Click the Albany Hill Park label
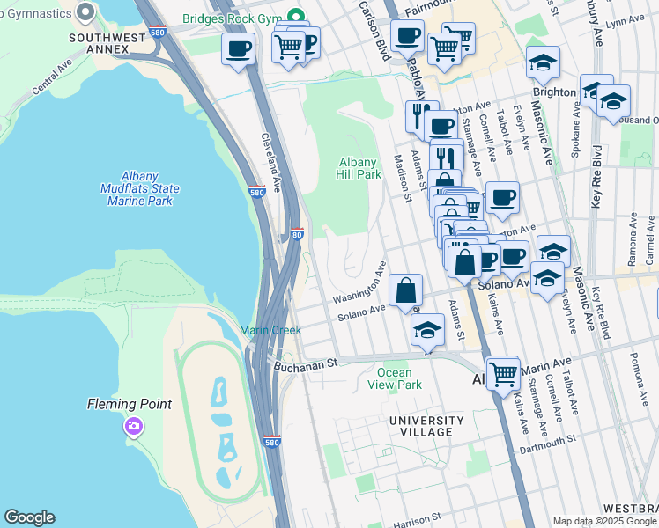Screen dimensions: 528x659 click(360, 168)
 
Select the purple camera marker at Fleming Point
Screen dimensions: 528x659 click(133, 427)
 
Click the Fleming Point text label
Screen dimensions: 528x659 click(129, 405)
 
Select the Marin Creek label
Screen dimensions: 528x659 click(270, 330)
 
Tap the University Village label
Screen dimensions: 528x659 click(426, 426)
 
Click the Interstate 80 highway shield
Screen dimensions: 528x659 click(297, 235)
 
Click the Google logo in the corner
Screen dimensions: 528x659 click(29, 517)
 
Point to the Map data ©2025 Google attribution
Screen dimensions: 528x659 click(604, 521)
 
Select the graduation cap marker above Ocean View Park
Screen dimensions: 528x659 click(427, 331)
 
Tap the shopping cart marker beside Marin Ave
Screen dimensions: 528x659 click(502, 373)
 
